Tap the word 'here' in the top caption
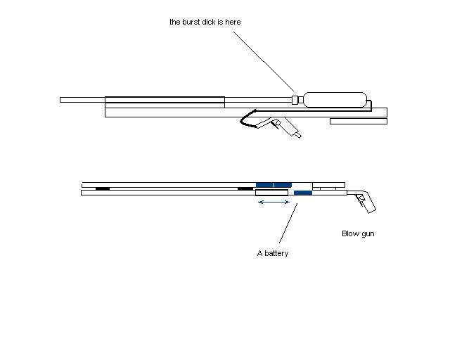click(x=232, y=22)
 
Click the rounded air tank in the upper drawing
click(x=335, y=99)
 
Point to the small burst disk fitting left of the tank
click(x=295, y=100)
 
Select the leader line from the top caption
click(x=263, y=60)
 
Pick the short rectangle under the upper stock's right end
click(x=358, y=121)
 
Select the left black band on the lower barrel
click(x=103, y=188)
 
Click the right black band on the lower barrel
click(x=245, y=188)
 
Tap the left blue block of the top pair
click(x=264, y=184)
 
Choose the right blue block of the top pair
click(x=283, y=184)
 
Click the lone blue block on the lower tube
click(x=302, y=193)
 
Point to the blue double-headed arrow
click(x=274, y=202)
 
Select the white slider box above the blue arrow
click(x=271, y=193)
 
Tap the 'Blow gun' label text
click(x=358, y=233)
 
